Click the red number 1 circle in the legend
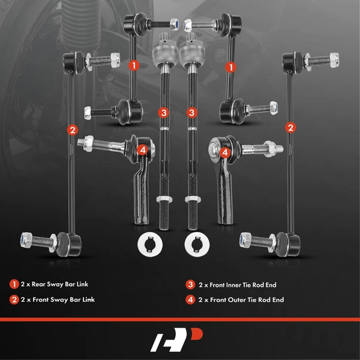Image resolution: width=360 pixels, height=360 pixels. click(x=13, y=284)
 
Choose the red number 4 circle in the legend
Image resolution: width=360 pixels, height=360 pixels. click(x=190, y=299)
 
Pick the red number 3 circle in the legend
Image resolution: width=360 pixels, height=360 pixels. click(x=190, y=284)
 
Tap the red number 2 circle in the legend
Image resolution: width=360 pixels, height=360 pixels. click(x=13, y=299)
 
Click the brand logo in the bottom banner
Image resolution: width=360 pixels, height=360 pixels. click(x=180, y=340)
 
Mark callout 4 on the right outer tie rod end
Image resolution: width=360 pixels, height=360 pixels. click(x=225, y=153)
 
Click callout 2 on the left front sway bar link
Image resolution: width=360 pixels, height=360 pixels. click(x=73, y=129)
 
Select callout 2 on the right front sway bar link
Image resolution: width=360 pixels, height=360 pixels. click(x=290, y=127)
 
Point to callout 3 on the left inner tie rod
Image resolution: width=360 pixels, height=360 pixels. click(x=163, y=112)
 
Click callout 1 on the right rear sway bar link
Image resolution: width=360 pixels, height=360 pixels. click(x=229, y=67)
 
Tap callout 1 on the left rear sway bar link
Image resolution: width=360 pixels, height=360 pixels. click(x=134, y=64)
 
